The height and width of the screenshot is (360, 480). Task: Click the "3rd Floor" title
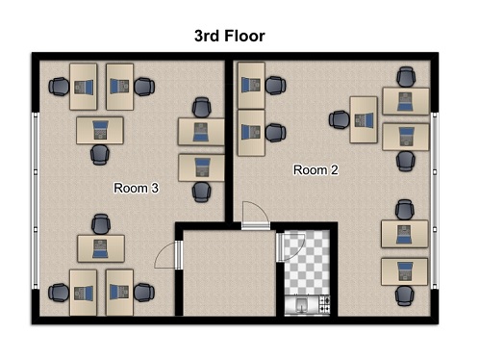230,36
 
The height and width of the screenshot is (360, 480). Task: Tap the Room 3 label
137,188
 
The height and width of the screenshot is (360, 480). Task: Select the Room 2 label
316,169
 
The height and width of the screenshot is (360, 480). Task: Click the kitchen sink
301,304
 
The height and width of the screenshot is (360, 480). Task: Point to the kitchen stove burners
324,304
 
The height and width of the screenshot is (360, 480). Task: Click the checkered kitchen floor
307,263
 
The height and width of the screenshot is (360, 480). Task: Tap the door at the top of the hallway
256,216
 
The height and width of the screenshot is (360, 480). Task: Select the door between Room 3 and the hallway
168,255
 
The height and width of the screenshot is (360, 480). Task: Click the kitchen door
291,247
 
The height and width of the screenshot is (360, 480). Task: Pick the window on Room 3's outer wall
36,200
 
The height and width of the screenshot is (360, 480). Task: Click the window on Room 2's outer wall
435,200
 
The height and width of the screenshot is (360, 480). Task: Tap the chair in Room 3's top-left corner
59,87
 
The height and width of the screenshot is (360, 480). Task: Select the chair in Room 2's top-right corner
406,77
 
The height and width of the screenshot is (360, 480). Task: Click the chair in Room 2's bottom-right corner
405,296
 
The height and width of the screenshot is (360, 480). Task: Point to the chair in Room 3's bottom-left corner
59,293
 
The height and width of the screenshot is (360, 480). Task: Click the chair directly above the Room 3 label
202,193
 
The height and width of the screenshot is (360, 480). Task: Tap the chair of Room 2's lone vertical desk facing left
340,119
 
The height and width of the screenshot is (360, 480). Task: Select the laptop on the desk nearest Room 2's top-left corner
251,86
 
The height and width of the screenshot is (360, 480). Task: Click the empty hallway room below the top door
229,272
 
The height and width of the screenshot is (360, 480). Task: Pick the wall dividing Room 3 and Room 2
229,141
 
